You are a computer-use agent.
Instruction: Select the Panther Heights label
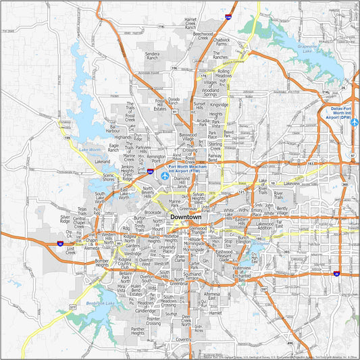coord(138,331)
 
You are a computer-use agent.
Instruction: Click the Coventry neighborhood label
coord(182,340)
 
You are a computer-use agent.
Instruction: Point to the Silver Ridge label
coord(65,219)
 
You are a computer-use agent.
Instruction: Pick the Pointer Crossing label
coord(153,322)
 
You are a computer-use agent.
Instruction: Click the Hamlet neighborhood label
coord(216,313)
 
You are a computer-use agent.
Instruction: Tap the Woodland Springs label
coord(211,91)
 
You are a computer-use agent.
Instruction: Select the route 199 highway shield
coord(66,137)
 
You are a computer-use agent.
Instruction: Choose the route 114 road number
coord(161,26)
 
